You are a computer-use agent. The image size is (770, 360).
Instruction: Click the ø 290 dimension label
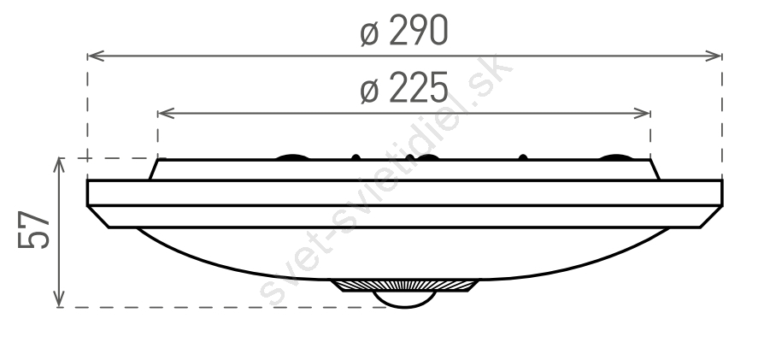pos(404,31)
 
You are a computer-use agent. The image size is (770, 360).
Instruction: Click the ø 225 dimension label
pos(404,87)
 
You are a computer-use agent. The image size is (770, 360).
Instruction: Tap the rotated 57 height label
pos(34,230)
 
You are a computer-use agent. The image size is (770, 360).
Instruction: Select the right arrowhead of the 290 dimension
pos(714,56)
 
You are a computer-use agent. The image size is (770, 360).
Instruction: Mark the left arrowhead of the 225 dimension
pos(167,114)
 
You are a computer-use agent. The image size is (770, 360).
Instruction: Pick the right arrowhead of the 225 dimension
pos(643,114)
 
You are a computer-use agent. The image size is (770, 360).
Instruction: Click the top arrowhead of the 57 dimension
pos(59,167)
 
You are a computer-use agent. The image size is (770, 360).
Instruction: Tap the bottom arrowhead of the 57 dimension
pos(59,298)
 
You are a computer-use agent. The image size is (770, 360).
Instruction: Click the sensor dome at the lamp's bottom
pos(404,299)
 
